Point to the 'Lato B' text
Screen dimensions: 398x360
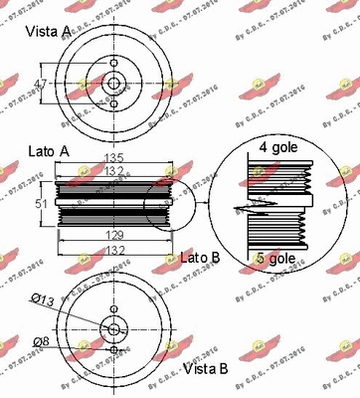click(x=201, y=258)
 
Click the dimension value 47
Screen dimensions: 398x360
click(x=40, y=84)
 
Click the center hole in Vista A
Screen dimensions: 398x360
click(x=114, y=85)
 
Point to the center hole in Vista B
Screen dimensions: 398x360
click(x=114, y=329)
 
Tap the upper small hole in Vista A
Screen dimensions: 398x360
click(x=114, y=68)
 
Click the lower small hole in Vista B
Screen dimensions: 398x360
click(x=114, y=350)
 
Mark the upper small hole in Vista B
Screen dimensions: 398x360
click(x=114, y=309)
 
